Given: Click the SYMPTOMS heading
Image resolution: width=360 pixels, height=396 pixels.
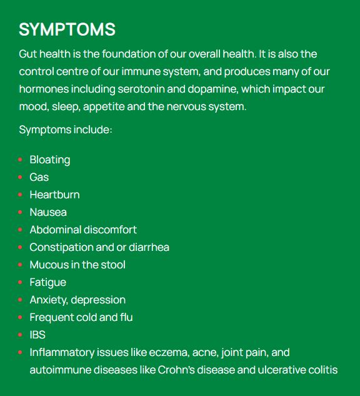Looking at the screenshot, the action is [67, 29].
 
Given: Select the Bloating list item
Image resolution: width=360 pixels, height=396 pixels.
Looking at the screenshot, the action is [49, 160].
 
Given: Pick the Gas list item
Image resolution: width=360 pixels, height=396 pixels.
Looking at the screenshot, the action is [39, 177].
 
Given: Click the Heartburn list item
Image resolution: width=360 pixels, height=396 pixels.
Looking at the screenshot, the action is [54, 195].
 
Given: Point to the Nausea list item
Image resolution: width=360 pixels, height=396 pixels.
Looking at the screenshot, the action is [48, 212].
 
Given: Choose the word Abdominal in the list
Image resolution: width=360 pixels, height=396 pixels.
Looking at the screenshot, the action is [55, 230].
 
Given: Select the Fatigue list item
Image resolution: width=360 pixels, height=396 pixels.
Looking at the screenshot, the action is [47, 282].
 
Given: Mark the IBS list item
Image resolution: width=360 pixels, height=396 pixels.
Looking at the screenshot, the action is [37, 335].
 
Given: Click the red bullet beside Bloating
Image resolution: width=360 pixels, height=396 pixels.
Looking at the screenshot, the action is [21, 160].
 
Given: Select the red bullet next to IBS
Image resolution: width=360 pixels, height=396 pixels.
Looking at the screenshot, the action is [21, 335].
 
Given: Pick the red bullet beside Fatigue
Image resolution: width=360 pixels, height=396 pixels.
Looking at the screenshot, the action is [21, 283].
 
